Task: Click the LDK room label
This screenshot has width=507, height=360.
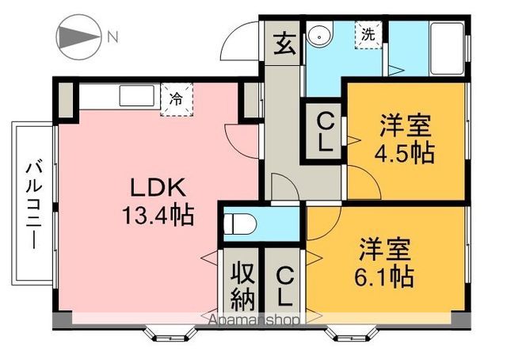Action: [x=158, y=189]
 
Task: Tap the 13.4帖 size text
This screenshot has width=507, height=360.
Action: [x=158, y=215]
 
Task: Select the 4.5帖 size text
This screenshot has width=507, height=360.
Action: [x=406, y=151]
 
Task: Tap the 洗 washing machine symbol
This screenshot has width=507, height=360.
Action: [x=369, y=35]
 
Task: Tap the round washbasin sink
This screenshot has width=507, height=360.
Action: [x=320, y=36]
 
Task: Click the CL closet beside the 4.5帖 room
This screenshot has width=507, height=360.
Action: [x=324, y=134]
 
